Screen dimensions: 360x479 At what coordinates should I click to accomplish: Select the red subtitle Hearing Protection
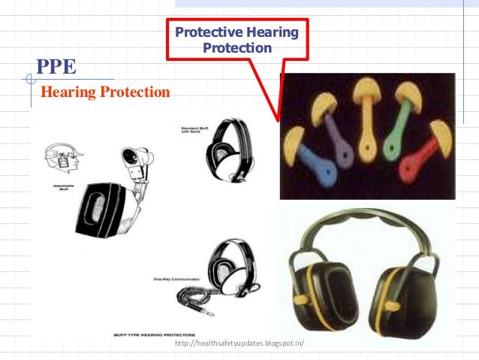click(x=105, y=92)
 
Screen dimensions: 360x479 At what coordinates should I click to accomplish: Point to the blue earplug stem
click(x=312, y=160)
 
